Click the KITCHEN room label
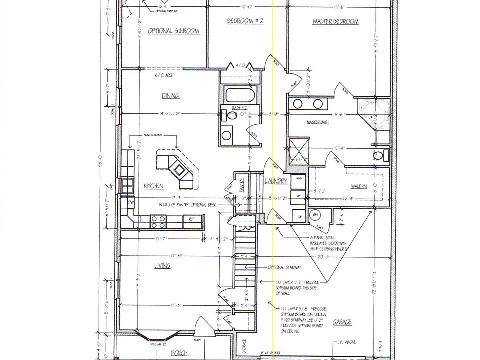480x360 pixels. point(153,186)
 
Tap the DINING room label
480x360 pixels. point(170,96)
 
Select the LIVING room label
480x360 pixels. point(162,265)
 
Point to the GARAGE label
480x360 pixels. point(342,322)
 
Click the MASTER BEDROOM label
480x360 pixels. point(335,22)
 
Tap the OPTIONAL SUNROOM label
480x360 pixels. point(173,31)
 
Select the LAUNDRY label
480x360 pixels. point(275,181)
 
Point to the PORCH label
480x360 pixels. point(179,353)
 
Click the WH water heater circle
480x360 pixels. point(315,215)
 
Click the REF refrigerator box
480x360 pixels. point(191,219)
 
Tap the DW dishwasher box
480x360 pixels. point(130,202)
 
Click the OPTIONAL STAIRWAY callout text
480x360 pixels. point(284,267)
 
